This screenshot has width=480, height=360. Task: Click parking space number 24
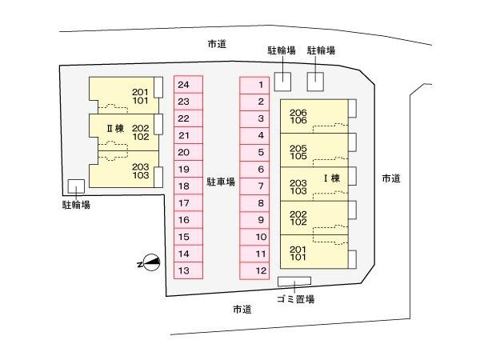(x=188, y=85)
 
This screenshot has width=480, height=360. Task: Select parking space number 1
(x=254, y=85)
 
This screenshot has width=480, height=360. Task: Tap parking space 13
(x=188, y=270)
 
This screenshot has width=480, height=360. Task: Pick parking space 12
(x=254, y=271)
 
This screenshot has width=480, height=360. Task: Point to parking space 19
(x=188, y=169)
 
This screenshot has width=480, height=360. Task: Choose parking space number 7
(x=254, y=186)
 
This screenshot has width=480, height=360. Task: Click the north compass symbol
(x=150, y=262)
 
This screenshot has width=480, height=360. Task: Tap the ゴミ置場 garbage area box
(x=294, y=282)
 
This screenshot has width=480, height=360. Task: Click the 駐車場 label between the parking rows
(x=221, y=182)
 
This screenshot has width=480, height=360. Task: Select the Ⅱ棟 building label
(x=115, y=128)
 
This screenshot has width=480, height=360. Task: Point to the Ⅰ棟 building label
(x=332, y=178)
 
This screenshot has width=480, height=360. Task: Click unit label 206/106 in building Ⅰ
(x=298, y=117)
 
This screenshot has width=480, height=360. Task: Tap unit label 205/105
(x=298, y=153)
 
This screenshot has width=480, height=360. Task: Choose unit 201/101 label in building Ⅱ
(x=140, y=97)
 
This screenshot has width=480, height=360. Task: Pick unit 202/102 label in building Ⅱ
(x=141, y=132)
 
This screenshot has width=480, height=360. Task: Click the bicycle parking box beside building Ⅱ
(x=76, y=186)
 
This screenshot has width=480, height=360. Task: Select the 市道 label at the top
(x=217, y=44)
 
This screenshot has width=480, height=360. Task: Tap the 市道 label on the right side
(x=391, y=178)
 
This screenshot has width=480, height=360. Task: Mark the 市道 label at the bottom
(x=242, y=310)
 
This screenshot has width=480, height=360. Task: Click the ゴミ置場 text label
(x=296, y=299)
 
